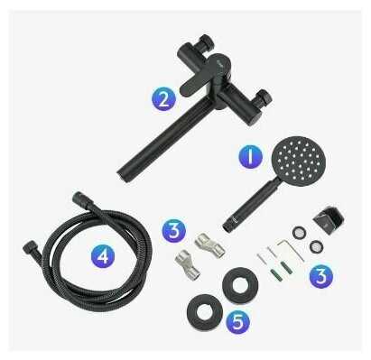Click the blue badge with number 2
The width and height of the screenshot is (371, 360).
[163, 99]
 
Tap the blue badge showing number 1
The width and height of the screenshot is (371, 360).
[251, 156]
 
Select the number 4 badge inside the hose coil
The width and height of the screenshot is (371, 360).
[103, 255]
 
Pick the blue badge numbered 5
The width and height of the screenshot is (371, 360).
[237, 321]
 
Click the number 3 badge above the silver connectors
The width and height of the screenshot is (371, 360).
[174, 231]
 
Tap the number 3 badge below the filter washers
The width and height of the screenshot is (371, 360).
[321, 276]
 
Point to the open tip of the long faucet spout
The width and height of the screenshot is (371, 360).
[121, 173]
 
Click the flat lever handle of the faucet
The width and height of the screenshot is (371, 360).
[193, 86]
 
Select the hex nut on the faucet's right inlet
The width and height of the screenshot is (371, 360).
[263, 97]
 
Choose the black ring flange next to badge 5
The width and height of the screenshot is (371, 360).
[205, 312]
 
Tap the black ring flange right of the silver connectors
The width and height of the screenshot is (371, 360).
[240, 285]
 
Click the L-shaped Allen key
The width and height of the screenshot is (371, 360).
[292, 248]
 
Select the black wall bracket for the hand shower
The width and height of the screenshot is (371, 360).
[329, 217]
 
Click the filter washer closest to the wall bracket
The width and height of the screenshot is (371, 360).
[316, 246]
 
